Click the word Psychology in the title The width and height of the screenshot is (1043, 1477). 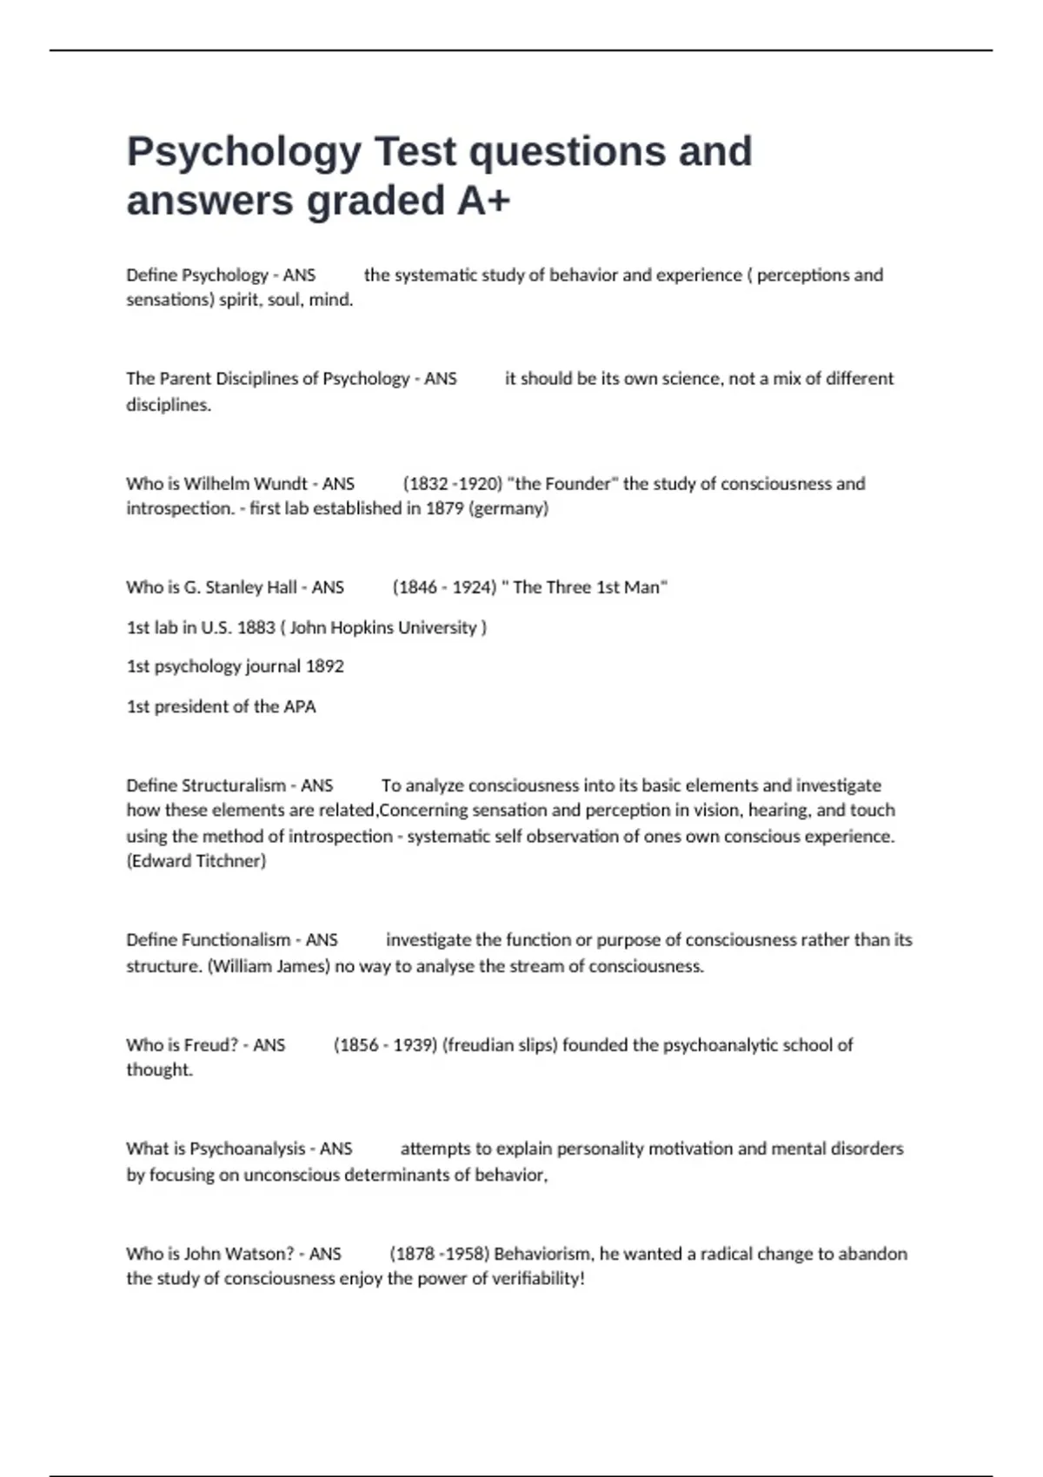tap(243, 153)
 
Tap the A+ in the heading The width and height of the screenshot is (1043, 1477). tap(483, 202)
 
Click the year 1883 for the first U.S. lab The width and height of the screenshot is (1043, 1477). tap(256, 627)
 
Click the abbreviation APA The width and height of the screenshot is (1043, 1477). tap(299, 706)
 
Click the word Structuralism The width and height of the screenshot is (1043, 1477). tap(236, 785)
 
